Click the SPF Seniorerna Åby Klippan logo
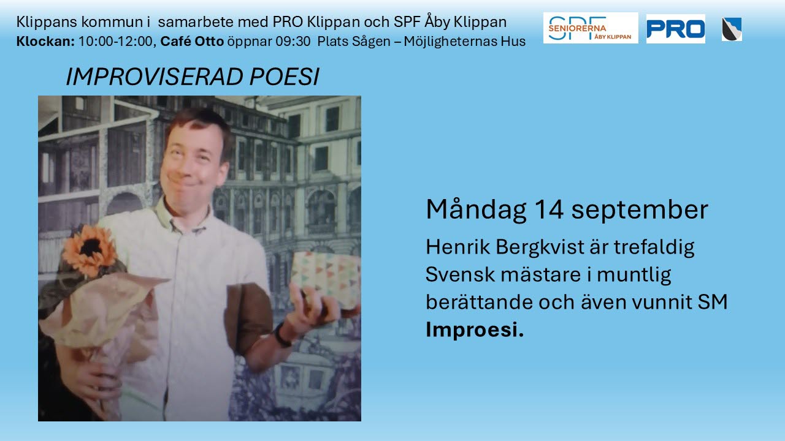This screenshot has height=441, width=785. tap(591, 28)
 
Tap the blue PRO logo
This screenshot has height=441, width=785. tap(676, 29)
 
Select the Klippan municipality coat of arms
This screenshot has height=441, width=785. tap(732, 29)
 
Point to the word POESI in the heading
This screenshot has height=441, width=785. tap(284, 77)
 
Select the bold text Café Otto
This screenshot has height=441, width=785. tap(192, 42)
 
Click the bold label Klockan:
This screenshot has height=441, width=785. tap(45, 42)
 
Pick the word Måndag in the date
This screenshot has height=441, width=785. tap(476, 210)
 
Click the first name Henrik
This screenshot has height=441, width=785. tap(458, 247)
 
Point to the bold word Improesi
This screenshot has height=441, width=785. tap(475, 330)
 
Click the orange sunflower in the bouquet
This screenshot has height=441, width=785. tap(90, 249)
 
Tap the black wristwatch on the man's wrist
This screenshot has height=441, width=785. tap(282, 335)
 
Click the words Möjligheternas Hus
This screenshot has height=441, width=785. tap(465, 42)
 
